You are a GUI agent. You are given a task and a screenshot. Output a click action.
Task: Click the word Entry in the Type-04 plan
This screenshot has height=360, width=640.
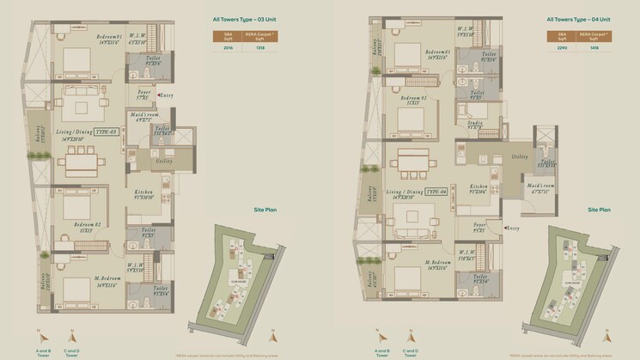513,228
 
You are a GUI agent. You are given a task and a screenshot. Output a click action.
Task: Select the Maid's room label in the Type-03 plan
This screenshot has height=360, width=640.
145,114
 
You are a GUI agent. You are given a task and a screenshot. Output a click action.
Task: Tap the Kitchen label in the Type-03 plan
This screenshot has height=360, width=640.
143,193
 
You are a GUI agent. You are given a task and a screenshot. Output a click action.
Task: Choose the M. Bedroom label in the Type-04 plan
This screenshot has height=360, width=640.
436,262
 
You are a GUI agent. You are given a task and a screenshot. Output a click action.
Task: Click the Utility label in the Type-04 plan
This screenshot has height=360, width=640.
519,157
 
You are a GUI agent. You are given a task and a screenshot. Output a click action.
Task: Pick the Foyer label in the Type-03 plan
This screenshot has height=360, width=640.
143,92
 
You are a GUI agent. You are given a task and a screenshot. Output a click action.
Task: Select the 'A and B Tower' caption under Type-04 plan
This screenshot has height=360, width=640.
381,351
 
